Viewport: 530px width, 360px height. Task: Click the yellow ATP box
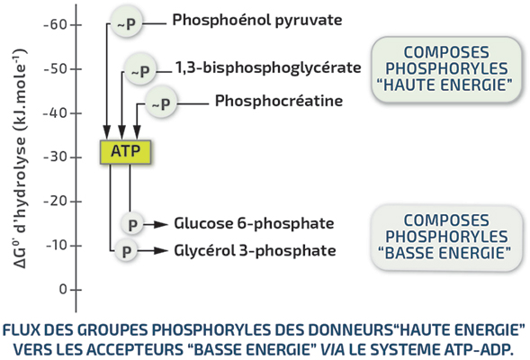125,152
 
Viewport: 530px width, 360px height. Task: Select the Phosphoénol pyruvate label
257,20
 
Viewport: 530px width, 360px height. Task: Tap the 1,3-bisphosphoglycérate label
268,67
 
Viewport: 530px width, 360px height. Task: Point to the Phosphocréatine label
279,101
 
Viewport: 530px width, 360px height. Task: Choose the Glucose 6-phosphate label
254,223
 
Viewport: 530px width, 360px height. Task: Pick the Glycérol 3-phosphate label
255,251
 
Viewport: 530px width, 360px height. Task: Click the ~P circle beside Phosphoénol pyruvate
127,22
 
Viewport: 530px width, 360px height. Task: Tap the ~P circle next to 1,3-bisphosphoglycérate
140,69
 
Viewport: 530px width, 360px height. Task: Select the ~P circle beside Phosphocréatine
161,103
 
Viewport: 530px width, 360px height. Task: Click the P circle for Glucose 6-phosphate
132,223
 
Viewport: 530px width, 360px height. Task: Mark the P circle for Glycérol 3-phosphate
126,251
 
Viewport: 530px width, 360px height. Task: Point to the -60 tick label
55,24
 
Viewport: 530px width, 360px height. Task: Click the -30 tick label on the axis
55,157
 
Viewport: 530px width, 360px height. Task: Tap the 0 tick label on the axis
63,290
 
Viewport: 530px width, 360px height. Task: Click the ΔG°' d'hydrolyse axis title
20,159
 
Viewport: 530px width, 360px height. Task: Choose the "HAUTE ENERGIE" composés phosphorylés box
446,69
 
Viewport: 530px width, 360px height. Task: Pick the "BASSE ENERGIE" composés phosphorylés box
446,238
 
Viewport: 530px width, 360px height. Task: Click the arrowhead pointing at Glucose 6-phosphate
160,224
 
